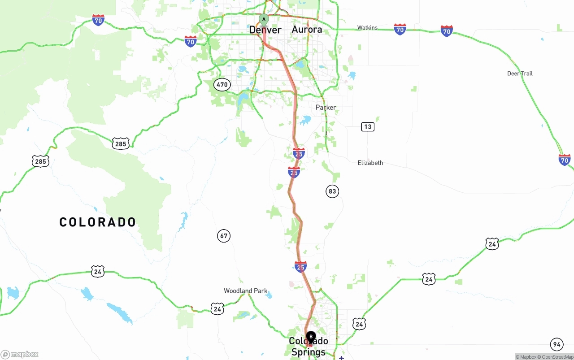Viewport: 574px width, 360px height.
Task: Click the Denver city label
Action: coord(265,30)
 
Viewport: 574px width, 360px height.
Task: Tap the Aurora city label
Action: coord(307,30)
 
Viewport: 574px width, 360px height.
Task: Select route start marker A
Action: coord(264,19)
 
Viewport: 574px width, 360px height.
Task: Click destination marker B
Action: coord(311,337)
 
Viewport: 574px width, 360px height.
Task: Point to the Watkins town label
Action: coord(367,28)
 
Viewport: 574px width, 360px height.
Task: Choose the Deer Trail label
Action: coord(520,74)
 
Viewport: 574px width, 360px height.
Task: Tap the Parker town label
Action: coord(326,108)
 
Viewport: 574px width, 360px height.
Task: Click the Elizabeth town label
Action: coord(370,163)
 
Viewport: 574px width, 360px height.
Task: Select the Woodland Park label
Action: coord(245,291)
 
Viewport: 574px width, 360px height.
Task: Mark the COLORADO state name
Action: coord(98,222)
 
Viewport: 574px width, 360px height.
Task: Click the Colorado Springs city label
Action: coord(309,347)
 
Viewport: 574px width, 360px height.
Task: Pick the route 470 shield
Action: coord(222,85)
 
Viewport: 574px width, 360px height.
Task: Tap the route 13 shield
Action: coord(368,127)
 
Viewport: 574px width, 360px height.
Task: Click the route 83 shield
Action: coord(332,191)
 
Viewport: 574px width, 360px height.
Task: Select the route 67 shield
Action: coord(224,235)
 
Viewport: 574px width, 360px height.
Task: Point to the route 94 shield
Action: coord(557,345)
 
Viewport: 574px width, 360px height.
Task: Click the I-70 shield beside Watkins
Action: coord(400,30)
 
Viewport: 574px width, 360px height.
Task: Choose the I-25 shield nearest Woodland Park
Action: coord(300,267)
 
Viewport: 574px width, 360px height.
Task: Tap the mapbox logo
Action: coord(20,355)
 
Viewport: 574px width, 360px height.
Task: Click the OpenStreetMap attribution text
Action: coord(557,357)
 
